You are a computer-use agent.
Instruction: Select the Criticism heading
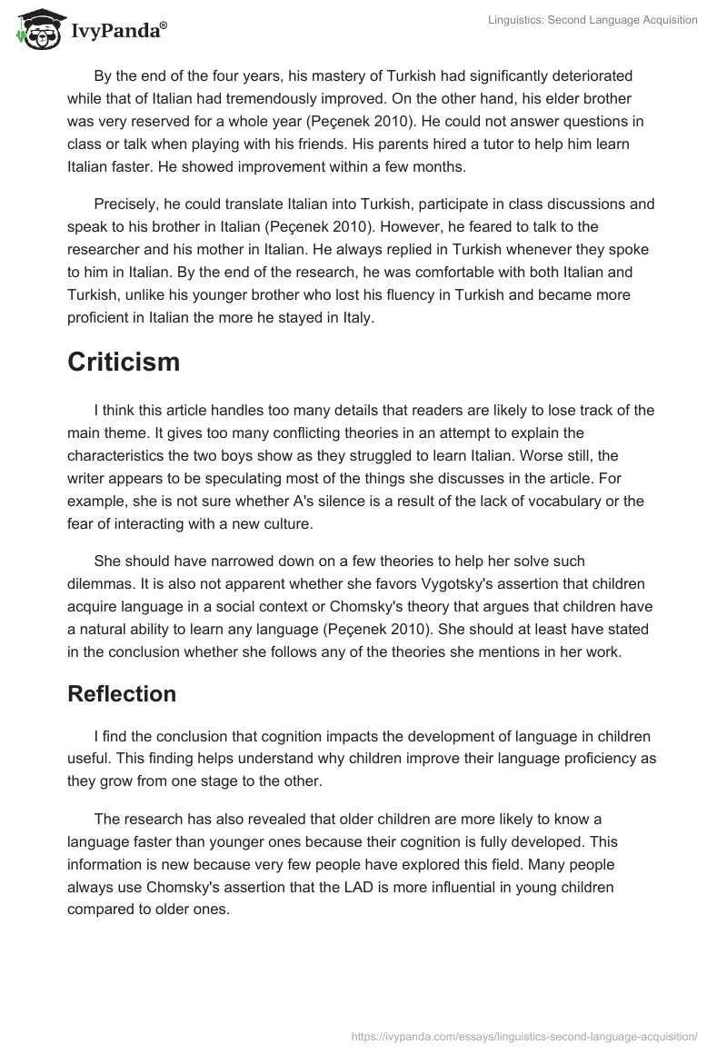click(x=124, y=362)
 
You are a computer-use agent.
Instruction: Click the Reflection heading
click(x=122, y=693)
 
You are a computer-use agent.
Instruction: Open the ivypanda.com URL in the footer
click(x=524, y=1034)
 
